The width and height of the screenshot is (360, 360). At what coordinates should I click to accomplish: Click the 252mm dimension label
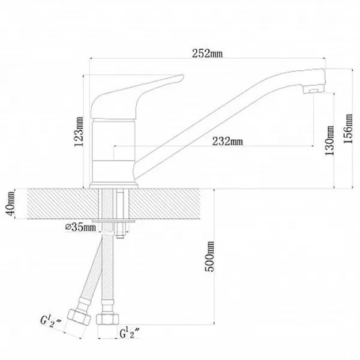(207, 53)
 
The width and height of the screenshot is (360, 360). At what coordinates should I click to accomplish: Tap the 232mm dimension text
(227, 141)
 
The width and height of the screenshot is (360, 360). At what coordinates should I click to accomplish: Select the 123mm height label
(79, 132)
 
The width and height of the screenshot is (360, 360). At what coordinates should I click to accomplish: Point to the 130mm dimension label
(329, 140)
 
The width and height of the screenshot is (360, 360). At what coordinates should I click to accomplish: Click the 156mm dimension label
(348, 129)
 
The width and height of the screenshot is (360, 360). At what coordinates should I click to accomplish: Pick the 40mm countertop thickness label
(10, 203)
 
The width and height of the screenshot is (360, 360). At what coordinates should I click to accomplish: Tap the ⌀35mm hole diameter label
(80, 227)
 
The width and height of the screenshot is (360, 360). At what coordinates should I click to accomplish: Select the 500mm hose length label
(209, 256)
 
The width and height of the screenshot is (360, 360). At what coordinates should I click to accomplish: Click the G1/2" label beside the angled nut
(50, 321)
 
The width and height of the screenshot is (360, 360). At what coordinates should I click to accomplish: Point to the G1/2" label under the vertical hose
(129, 333)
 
